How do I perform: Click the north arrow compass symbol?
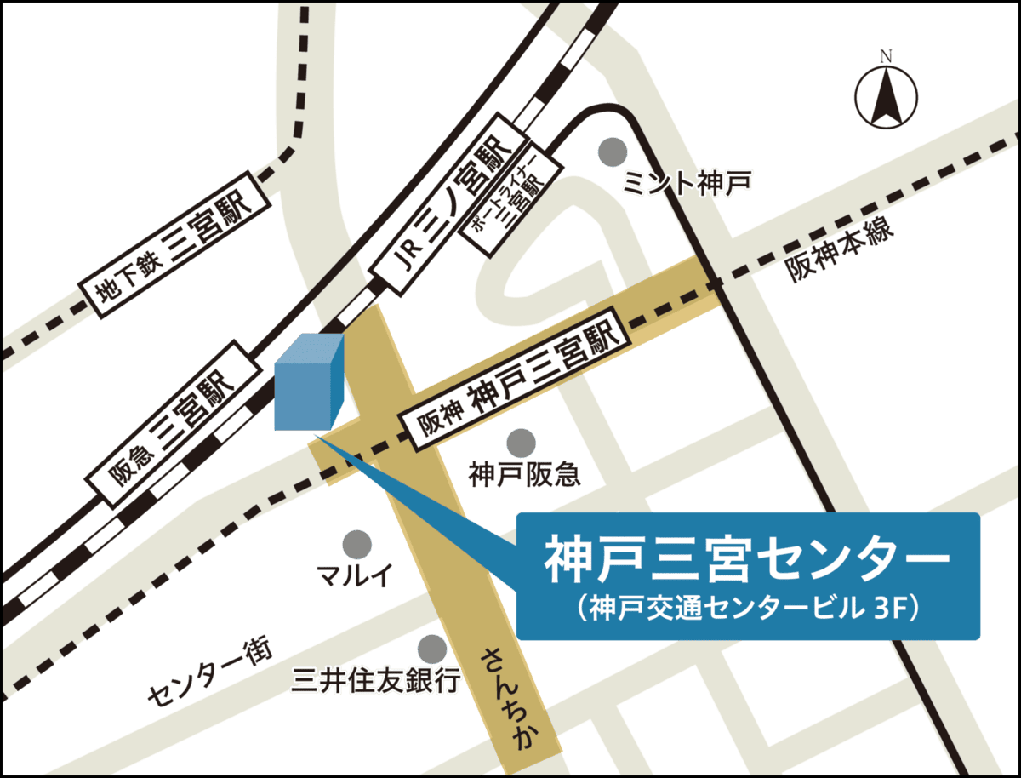[x=885, y=95]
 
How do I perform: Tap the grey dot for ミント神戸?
[x=610, y=152]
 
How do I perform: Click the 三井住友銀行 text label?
[x=376, y=680]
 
